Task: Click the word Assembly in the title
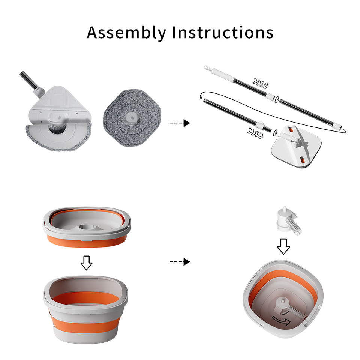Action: click(126, 33)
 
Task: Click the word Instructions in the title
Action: click(223, 32)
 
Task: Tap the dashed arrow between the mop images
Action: click(180, 123)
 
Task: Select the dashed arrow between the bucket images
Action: click(180, 261)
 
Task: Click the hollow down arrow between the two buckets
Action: click(87, 262)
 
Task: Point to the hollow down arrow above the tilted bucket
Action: click(283, 246)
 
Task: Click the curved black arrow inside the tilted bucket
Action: click(282, 320)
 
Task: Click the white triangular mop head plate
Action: click(60, 106)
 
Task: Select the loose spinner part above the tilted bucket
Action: click(288, 221)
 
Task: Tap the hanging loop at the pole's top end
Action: click(207, 68)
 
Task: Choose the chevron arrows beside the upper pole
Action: click(260, 83)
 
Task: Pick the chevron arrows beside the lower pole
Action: click(255, 133)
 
